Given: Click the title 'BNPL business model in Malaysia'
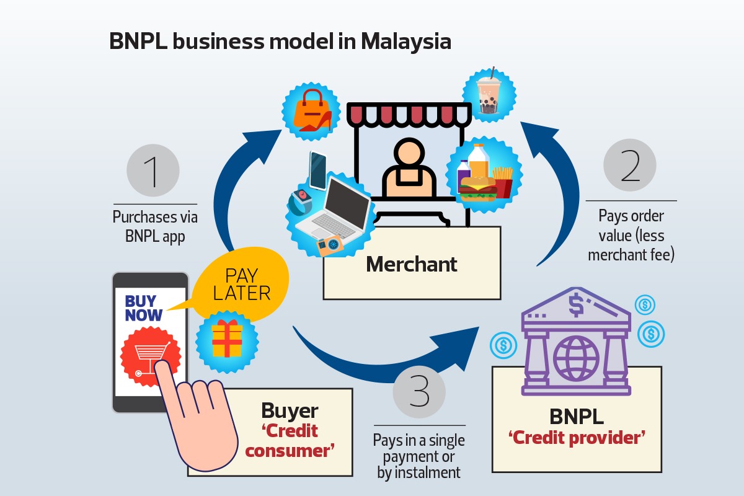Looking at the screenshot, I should click(280, 42).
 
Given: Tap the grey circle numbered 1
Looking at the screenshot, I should click(153, 170).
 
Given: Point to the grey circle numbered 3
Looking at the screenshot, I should click(419, 392).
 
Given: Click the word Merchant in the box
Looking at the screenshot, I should click(412, 264).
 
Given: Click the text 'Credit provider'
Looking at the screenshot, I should click(577, 438).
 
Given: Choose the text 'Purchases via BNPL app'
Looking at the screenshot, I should click(155, 227).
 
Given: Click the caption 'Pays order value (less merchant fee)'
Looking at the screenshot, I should click(631, 235).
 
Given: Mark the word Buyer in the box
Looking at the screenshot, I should click(290, 410).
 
